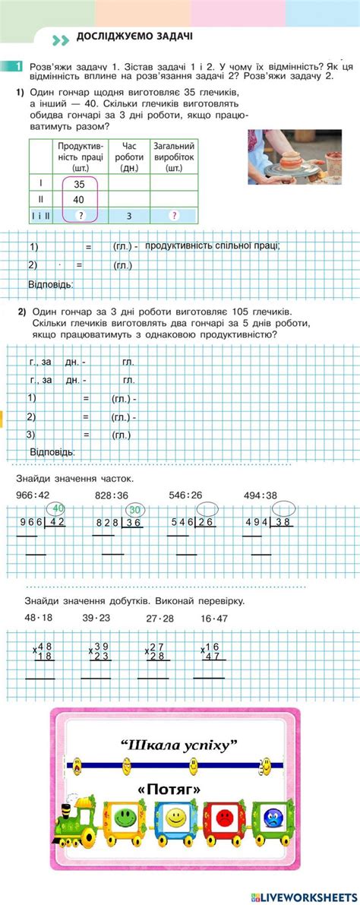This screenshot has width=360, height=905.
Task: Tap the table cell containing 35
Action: pyautogui.click(x=79, y=184)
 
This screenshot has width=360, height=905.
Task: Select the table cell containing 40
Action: pyautogui.click(x=79, y=199)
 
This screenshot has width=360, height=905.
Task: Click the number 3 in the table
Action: pyautogui.click(x=129, y=216)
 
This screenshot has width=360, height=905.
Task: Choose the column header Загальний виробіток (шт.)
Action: pyautogui.click(x=174, y=156)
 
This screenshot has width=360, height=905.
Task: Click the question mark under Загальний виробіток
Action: pyautogui.click(x=174, y=216)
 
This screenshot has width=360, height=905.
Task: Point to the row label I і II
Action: pyautogui.click(x=40, y=216)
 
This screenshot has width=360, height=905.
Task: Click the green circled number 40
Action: pyautogui.click(x=58, y=508)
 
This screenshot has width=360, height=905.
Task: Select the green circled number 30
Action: pyautogui.click(x=134, y=510)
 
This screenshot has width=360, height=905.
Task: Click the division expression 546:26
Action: pyautogui.click(x=185, y=495)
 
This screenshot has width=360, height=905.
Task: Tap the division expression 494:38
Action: pyautogui.click(x=261, y=495)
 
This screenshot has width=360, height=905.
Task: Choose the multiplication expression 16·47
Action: pyautogui.click(x=216, y=619)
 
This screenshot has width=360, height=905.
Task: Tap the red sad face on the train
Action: pyautogui.click(x=223, y=818)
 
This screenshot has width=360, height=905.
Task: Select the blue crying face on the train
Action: pyautogui.click(x=272, y=818)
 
